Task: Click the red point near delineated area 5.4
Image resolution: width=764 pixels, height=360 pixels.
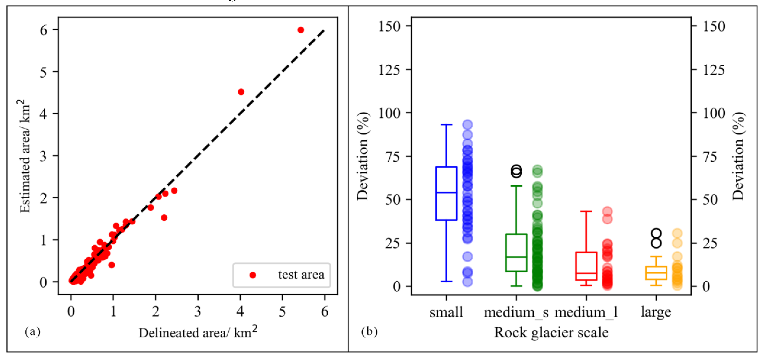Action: click(x=300, y=30)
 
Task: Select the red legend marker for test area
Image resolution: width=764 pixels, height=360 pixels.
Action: click(x=253, y=275)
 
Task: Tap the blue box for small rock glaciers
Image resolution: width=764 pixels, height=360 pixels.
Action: click(x=446, y=193)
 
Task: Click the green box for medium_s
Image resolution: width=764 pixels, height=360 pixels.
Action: click(x=516, y=253)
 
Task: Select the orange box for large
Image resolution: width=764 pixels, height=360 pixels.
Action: click(x=656, y=273)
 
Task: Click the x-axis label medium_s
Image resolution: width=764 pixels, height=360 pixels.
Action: click(x=516, y=312)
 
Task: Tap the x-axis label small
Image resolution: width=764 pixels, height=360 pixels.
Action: click(x=446, y=312)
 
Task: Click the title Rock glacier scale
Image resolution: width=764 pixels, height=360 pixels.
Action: click(x=551, y=332)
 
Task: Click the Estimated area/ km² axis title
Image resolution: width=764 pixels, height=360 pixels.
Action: click(x=25, y=156)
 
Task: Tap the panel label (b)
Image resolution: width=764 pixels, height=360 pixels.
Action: click(x=369, y=331)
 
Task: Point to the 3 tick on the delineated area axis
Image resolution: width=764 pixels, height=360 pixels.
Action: click(x=198, y=312)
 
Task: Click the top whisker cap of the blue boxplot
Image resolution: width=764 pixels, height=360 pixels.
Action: click(x=446, y=125)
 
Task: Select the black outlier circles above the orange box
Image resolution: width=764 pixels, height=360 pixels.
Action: click(x=656, y=238)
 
